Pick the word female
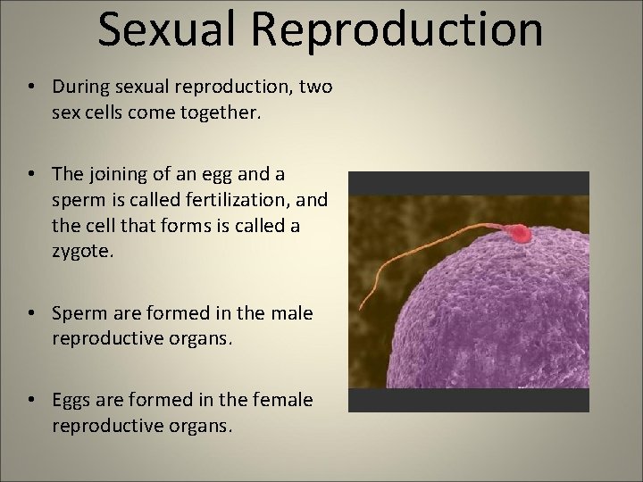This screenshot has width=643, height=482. click(x=280, y=400)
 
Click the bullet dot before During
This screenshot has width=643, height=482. click(x=31, y=87)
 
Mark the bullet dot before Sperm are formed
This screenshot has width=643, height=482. click(x=31, y=313)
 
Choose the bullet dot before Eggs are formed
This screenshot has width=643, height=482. click(x=31, y=401)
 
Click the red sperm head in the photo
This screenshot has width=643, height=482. click(x=520, y=234)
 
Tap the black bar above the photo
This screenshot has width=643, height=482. click(x=468, y=183)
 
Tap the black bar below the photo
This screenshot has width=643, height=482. click(x=468, y=400)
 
